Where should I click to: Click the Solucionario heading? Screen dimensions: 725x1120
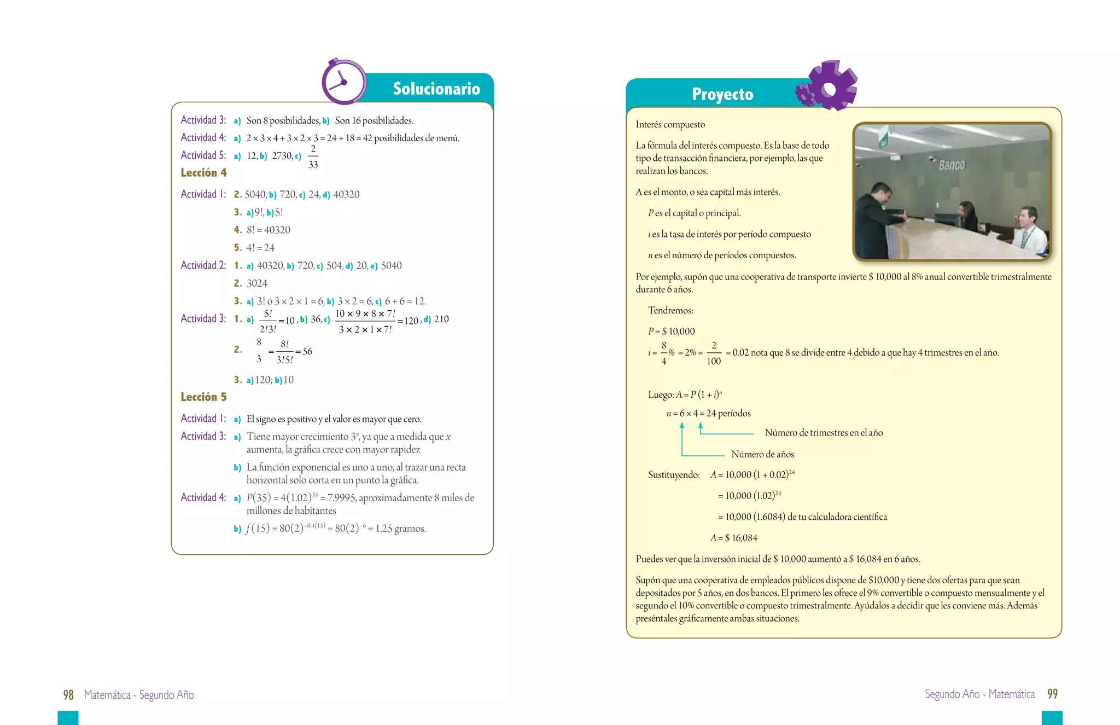(x=436, y=89)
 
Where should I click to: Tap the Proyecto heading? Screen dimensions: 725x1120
(x=722, y=94)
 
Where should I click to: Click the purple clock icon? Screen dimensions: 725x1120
(x=343, y=82)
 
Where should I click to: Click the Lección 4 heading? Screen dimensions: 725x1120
(x=203, y=173)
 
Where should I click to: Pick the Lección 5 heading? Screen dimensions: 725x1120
(x=203, y=397)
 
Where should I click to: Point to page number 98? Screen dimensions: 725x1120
(x=68, y=695)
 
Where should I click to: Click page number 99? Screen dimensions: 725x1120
(x=1052, y=694)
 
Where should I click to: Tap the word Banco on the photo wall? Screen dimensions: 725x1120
(x=952, y=165)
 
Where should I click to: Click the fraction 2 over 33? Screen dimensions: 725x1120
(x=313, y=156)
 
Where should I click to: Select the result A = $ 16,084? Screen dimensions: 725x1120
(x=734, y=538)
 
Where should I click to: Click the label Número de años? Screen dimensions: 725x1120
(x=762, y=454)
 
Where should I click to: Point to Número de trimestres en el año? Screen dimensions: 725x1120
(x=823, y=433)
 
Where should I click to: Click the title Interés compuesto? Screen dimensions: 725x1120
(x=670, y=125)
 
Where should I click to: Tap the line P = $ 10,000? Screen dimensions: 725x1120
(x=671, y=332)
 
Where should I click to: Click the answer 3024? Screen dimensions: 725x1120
(x=256, y=283)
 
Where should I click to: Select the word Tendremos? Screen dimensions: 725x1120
(x=670, y=311)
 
